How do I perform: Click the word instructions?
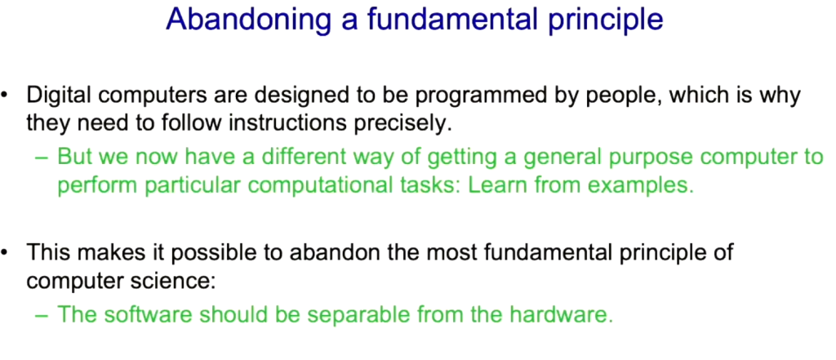(288, 123)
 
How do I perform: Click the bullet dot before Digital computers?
(5, 96)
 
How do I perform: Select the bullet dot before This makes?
(5, 251)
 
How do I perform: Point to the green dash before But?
(42, 158)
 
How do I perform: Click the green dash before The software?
(42, 315)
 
